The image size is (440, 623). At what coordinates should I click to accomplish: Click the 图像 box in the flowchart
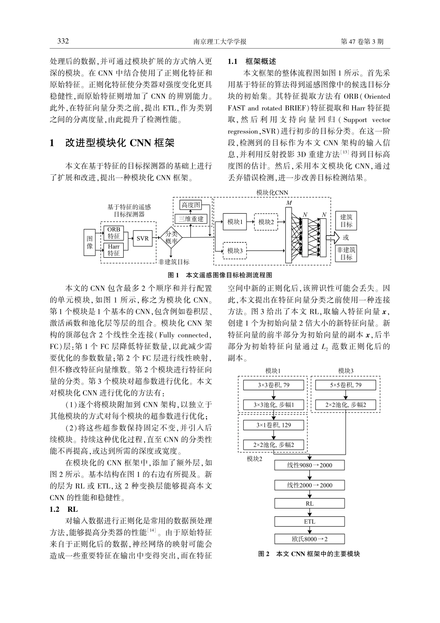click(x=90, y=242)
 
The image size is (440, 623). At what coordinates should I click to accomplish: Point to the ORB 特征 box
click(x=114, y=233)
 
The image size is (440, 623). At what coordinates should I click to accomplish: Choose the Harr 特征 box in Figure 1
click(x=114, y=250)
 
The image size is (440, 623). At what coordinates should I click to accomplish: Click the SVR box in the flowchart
click(x=143, y=239)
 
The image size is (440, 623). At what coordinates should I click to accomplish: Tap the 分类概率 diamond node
click(x=171, y=238)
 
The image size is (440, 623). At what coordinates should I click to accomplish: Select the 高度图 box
click(x=191, y=205)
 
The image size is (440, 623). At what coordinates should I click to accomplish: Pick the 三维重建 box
click(x=191, y=219)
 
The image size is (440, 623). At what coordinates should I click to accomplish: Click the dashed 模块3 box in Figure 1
click(x=235, y=251)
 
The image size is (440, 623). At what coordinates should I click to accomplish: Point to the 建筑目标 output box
click(x=346, y=221)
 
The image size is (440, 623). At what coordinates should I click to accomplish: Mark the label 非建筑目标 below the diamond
click(x=174, y=262)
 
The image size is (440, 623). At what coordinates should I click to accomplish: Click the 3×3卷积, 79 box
click(x=274, y=385)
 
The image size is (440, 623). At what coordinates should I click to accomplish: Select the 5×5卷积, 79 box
click(x=346, y=385)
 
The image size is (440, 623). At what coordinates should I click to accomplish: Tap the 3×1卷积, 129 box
click(x=274, y=425)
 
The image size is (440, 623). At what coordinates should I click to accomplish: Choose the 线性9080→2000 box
click(x=309, y=465)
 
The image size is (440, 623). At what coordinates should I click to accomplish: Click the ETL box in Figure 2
click(x=309, y=521)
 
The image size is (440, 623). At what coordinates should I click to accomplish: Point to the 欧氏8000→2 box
click(x=309, y=539)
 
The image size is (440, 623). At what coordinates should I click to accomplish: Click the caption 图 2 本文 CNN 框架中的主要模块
click(x=309, y=553)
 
